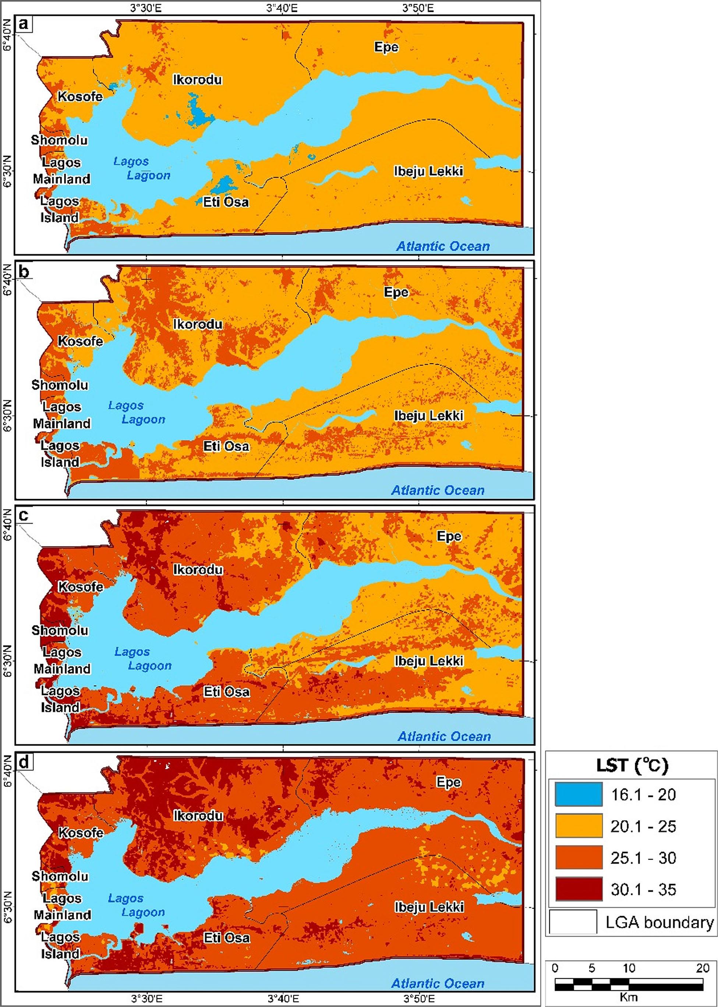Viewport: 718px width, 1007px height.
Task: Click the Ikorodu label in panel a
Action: (197, 80)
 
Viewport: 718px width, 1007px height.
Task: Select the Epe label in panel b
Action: (396, 292)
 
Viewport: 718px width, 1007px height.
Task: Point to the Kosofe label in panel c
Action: (81, 587)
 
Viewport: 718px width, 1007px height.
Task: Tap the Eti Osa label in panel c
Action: (226, 692)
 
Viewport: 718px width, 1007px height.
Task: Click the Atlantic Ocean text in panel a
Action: (443, 246)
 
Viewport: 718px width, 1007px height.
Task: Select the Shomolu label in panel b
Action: (60, 385)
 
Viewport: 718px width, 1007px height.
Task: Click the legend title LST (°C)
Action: (632, 765)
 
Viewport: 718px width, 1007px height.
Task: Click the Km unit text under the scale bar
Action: (628, 996)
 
